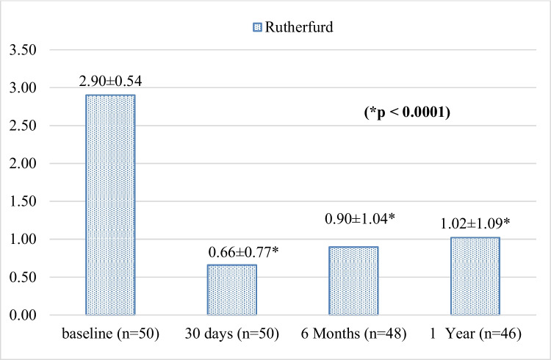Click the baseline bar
click(110, 204)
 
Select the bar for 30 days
click(232, 289)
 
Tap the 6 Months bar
click(353, 281)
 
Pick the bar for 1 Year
click(475, 276)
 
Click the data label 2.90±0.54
click(110, 82)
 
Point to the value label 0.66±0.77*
click(243, 252)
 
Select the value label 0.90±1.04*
click(360, 219)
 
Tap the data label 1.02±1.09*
click(475, 223)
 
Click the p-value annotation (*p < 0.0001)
click(407, 112)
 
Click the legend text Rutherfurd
click(299, 27)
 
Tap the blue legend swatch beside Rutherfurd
click(257, 27)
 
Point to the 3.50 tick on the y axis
click(23, 50)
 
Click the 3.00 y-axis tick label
click(23, 87)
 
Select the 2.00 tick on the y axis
click(23, 164)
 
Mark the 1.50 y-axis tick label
click(23, 201)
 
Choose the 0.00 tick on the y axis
click(23, 315)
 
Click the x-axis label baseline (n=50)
click(110, 334)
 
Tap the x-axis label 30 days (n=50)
click(232, 334)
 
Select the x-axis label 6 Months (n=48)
click(353, 334)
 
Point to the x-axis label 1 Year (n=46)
click(475, 334)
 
